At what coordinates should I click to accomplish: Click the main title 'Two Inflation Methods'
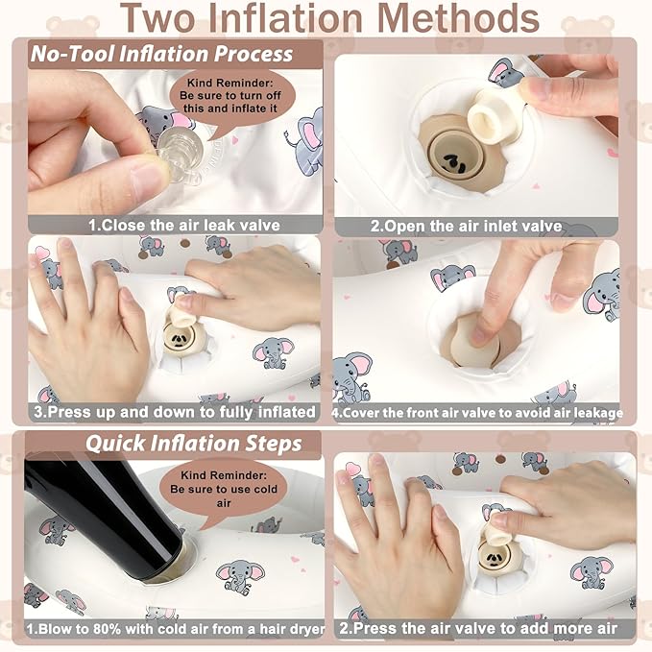pyautogui.click(x=329, y=18)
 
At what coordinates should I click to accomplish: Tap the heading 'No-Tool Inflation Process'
pyautogui.click(x=161, y=54)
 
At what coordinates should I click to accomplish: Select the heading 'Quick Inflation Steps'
pyautogui.click(x=193, y=444)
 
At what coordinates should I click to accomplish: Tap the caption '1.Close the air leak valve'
pyautogui.click(x=183, y=226)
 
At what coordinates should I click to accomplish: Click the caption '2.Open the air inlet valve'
pyautogui.click(x=466, y=227)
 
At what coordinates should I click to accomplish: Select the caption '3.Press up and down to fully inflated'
pyautogui.click(x=175, y=412)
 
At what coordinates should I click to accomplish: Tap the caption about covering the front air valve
pyautogui.click(x=477, y=413)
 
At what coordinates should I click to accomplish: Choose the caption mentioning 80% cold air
pyautogui.click(x=176, y=628)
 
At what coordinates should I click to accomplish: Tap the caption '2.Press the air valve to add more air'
pyautogui.click(x=478, y=628)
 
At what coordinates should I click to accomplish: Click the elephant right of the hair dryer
pyautogui.click(x=240, y=576)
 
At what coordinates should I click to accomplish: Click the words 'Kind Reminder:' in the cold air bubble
pyautogui.click(x=224, y=475)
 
